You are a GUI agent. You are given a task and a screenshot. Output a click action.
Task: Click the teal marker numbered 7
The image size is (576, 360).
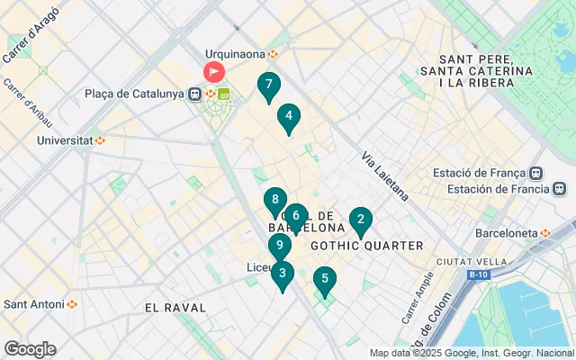[267, 86]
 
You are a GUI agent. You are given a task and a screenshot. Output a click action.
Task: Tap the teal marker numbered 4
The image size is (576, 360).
[288, 117]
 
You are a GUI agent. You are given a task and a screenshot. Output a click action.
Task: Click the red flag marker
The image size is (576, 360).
[215, 71]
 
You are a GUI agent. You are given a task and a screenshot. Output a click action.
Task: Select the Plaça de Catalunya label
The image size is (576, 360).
[135, 94]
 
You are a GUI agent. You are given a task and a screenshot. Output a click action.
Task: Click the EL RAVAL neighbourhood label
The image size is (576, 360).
[175, 308]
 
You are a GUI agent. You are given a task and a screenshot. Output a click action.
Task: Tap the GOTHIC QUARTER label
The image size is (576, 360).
[366, 246]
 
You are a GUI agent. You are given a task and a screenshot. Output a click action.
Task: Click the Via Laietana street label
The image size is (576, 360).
[385, 175]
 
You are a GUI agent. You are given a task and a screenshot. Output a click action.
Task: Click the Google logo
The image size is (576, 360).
[29, 349]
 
